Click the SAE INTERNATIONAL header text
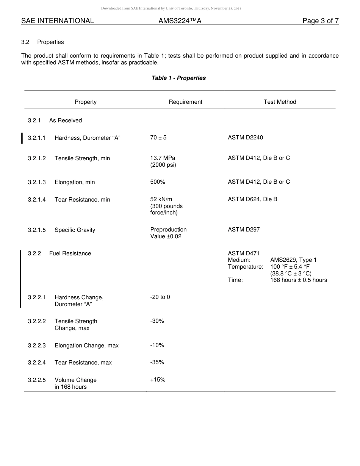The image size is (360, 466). (x=58, y=21)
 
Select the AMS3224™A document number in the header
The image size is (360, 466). (x=180, y=21)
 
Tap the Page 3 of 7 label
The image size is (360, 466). (x=320, y=21)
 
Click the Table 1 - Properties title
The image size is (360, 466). (x=178, y=78)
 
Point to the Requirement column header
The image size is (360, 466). (x=185, y=102)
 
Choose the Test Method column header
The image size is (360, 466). (x=280, y=102)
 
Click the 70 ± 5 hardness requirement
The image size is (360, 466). (x=158, y=138)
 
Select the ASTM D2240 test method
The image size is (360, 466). (x=245, y=138)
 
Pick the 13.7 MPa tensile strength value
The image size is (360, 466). (x=163, y=158)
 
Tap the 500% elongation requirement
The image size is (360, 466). (x=158, y=182)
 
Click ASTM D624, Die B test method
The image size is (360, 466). (x=252, y=199)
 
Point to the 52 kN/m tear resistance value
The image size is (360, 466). (x=161, y=199)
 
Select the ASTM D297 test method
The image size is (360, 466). (x=244, y=230)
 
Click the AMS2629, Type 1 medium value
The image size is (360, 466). (x=293, y=260)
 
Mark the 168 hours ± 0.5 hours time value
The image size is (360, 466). (x=298, y=280)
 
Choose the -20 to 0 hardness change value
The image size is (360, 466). (x=160, y=297)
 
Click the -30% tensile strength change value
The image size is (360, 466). (x=157, y=321)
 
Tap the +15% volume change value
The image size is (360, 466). (x=158, y=380)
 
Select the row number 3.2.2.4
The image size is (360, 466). (x=37, y=363)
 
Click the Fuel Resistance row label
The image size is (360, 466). (x=70, y=253)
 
